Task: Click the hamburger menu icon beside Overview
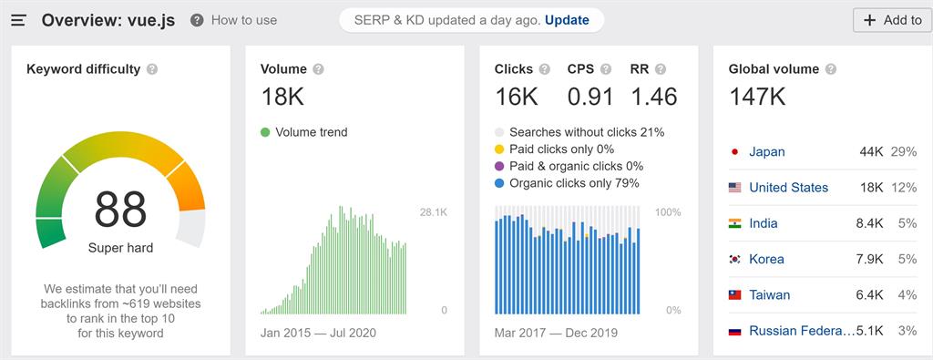click(x=18, y=20)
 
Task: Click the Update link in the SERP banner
click(x=567, y=20)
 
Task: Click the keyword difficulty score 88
click(x=120, y=210)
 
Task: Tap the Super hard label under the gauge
click(x=120, y=248)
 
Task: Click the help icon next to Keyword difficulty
click(x=152, y=69)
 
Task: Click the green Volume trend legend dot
click(x=265, y=132)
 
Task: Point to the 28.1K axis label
click(x=433, y=212)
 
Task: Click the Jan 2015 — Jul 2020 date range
click(x=318, y=333)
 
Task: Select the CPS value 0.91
click(x=590, y=97)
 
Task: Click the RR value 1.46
click(x=653, y=97)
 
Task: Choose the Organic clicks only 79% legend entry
click(x=574, y=183)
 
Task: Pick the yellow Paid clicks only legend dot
click(x=499, y=149)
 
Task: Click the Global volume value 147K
click(x=757, y=97)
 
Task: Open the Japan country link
click(x=766, y=152)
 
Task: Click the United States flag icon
click(x=734, y=188)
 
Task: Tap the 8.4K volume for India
click(x=871, y=223)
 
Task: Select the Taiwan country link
click(x=769, y=295)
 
